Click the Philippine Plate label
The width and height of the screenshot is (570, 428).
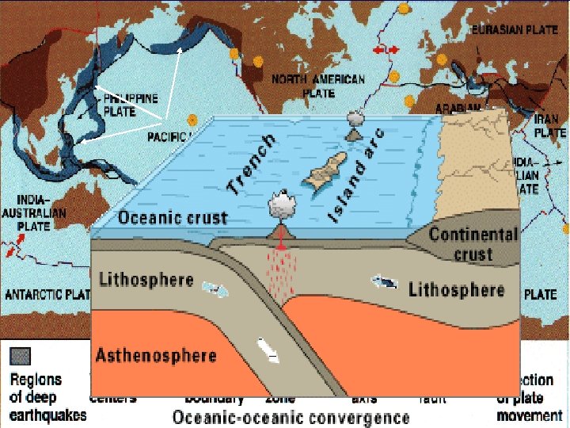[131, 105]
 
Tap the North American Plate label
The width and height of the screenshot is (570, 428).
[318, 86]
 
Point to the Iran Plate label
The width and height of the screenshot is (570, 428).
[550, 126]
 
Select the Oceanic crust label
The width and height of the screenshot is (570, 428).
[173, 218]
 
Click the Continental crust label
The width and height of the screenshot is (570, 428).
[473, 244]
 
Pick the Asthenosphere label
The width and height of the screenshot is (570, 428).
[156, 354]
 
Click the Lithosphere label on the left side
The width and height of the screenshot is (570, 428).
[146, 280]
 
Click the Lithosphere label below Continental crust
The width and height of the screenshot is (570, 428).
[456, 289]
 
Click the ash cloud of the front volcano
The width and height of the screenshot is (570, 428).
[281, 206]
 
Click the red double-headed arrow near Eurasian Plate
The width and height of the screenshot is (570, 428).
[386, 50]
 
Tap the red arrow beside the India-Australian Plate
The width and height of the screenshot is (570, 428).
[10, 250]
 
